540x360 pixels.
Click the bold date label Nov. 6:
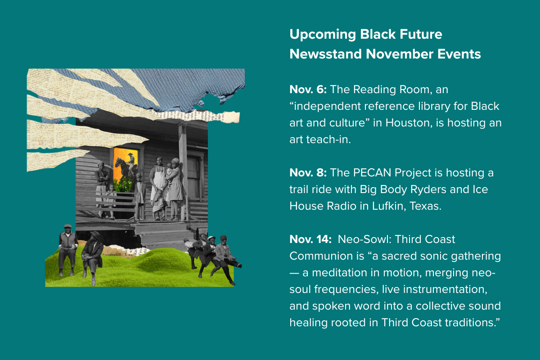[308, 90]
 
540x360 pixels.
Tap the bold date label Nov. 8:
[308, 173]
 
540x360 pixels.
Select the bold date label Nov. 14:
[310, 239]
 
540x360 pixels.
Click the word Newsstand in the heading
[325, 54]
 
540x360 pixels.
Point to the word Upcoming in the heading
[323, 35]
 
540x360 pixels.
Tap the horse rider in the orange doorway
[126, 167]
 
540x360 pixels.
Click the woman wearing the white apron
[158, 188]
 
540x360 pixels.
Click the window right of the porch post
[194, 177]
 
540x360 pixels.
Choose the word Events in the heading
[459, 54]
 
